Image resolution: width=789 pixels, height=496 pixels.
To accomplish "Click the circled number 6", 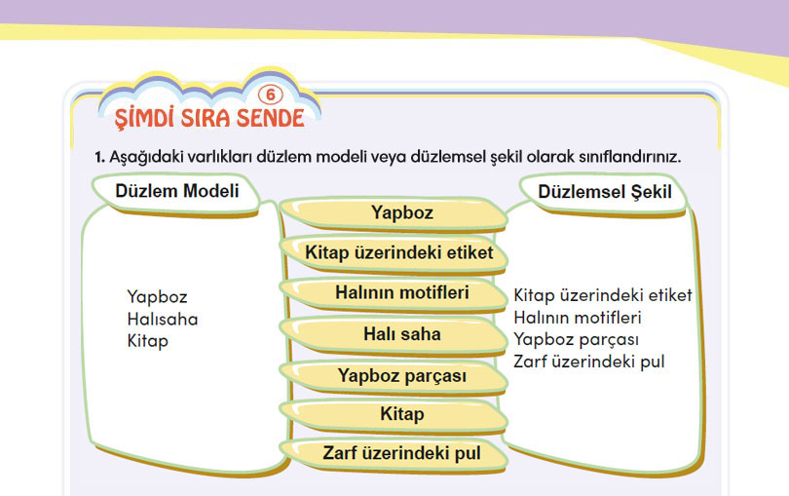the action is click(x=271, y=95).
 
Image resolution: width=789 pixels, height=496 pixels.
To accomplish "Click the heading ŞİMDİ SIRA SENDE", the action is click(x=209, y=118).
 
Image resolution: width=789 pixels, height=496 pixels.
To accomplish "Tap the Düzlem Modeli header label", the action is click(x=176, y=191).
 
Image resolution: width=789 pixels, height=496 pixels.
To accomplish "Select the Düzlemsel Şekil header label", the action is click(x=604, y=192).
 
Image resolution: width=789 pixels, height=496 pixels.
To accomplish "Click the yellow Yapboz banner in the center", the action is click(x=393, y=213).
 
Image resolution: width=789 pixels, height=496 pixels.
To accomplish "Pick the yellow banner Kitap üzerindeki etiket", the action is click(x=393, y=253).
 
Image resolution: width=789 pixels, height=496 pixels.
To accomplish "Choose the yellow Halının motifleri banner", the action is click(x=393, y=293).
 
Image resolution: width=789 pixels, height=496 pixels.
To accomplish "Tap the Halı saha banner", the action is click(x=393, y=335).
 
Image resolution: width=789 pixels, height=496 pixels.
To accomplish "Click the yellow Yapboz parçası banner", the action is click(x=393, y=377).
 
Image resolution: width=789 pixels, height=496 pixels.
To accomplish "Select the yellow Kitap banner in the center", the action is click(x=393, y=415).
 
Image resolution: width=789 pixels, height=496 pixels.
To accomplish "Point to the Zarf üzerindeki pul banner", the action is click(x=393, y=454).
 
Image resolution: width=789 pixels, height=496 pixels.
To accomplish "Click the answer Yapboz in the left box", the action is click(x=157, y=297).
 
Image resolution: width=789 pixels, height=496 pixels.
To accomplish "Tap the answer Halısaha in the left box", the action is click(x=163, y=320).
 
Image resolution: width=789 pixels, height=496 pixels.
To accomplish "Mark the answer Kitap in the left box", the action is click(x=147, y=341).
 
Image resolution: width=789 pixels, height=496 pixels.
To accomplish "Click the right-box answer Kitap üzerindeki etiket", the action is click(x=603, y=295).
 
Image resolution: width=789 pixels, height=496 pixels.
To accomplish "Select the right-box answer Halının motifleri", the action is click(x=578, y=318).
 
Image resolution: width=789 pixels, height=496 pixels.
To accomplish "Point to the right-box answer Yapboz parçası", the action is click(x=576, y=340).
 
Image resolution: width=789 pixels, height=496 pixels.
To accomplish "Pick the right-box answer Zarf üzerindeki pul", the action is click(x=589, y=362).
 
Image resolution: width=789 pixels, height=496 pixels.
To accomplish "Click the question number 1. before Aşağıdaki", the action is click(x=99, y=157).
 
